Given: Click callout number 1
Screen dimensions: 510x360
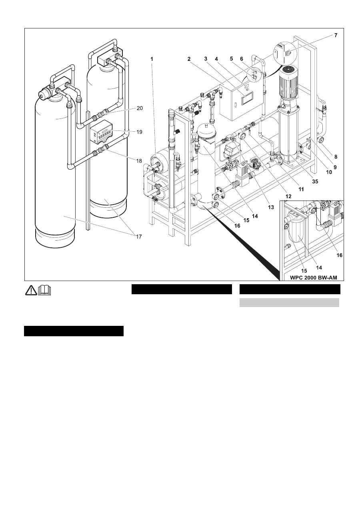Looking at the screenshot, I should [x=152, y=58].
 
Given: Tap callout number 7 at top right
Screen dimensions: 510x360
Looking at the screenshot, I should [x=336, y=35].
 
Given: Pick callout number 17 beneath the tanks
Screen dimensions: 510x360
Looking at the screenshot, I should [x=138, y=237].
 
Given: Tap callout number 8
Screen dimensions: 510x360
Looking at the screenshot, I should [x=336, y=157].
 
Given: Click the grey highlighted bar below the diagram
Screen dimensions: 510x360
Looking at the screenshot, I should [x=289, y=302].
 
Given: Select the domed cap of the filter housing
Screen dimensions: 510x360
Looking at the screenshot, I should [x=207, y=129].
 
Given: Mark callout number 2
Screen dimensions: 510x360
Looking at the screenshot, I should [x=188, y=58].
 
